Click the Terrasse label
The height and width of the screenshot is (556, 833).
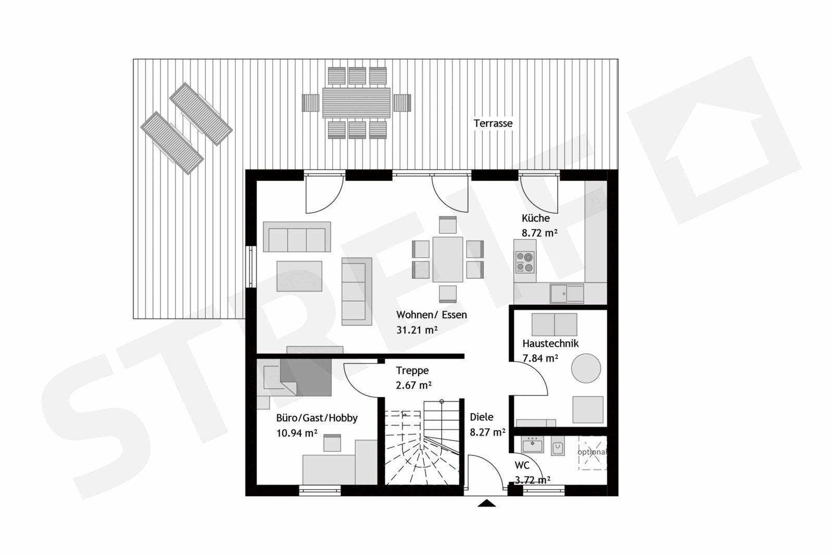click(x=493, y=123)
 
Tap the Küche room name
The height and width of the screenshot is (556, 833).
click(x=536, y=218)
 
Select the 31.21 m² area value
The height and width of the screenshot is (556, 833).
click(x=416, y=330)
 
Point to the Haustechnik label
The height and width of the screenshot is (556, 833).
click(x=550, y=343)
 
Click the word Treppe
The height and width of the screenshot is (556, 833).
click(x=412, y=370)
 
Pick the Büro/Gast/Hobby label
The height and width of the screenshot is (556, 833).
click(x=317, y=418)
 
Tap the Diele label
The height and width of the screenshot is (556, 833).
click(x=482, y=417)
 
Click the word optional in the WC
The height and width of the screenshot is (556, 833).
click(x=591, y=452)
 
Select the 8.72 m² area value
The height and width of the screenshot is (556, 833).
click(x=539, y=233)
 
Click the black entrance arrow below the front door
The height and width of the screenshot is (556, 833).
click(x=486, y=503)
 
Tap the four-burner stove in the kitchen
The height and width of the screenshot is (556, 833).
click(x=525, y=262)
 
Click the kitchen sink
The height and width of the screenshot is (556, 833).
click(x=567, y=293)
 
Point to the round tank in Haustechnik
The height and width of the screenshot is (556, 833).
click(x=586, y=368)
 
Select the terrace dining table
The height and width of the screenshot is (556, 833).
click(x=356, y=103)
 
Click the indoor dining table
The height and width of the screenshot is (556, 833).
click(x=448, y=260)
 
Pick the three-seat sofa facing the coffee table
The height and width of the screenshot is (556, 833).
click(x=297, y=237)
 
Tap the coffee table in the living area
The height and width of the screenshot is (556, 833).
click(x=299, y=276)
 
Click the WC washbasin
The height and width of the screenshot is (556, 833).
click(x=533, y=444)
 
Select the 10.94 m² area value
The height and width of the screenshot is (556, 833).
click(x=297, y=433)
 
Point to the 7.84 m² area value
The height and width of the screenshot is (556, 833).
click(x=540, y=359)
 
